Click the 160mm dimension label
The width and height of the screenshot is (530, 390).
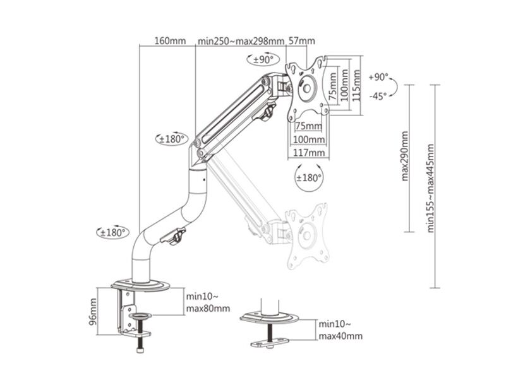coord(170,41)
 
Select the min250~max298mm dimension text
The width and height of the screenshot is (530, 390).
coord(241,41)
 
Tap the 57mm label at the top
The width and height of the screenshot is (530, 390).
coord(301,41)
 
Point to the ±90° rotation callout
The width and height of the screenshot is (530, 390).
coord(263,59)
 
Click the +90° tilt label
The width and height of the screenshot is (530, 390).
coord(378,77)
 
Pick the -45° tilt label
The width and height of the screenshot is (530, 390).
coord(378,96)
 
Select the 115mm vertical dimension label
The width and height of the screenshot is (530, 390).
coord(356,85)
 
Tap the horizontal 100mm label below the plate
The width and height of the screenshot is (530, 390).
coord(309,139)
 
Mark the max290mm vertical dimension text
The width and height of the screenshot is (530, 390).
coord(404,156)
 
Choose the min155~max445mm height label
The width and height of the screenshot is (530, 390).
coord(431,188)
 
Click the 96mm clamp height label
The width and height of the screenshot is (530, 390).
coord(93,312)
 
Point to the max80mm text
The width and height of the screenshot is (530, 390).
coord(208,309)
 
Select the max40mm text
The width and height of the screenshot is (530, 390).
coord(340,336)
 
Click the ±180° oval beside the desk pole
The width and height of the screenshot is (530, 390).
coord(113,232)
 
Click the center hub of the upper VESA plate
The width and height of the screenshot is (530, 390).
coord(306,88)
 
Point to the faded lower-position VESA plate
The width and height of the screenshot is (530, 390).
coord(307,235)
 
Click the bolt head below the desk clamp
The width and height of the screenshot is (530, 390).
coord(140,350)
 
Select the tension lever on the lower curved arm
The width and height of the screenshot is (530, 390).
coord(174,236)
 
